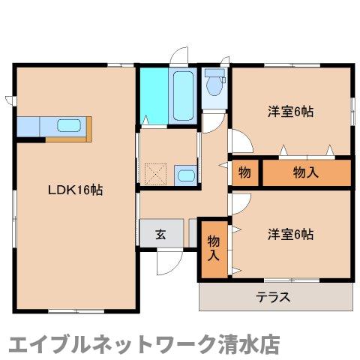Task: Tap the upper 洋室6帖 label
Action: coord(290,112)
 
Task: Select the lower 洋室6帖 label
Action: coord(290,234)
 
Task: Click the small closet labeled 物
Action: coord(244,172)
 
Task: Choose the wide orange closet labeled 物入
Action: coord(305,172)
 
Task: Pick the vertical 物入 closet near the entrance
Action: coord(213,248)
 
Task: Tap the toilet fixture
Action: coord(215,85)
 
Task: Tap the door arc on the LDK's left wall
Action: coord(9,99)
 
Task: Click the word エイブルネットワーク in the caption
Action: coord(104,343)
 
